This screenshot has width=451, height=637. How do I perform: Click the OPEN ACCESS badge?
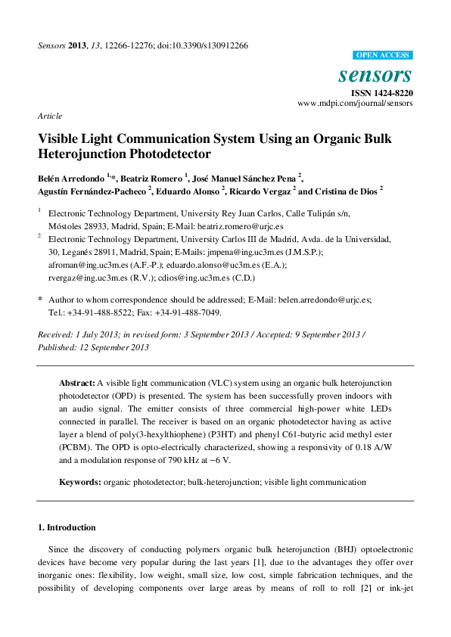point(383,55)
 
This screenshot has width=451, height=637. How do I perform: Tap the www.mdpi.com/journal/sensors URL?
point(355,103)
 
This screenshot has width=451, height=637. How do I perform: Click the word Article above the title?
point(49,116)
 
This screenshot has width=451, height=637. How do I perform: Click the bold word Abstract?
point(77,384)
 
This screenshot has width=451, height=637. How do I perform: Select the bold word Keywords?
point(80,482)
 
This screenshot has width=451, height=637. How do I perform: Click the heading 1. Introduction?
point(67,527)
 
